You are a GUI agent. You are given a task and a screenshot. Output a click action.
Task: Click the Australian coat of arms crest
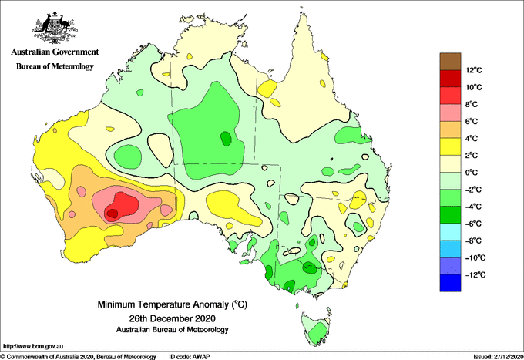[55, 28]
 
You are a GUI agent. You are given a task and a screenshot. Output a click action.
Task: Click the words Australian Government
[55, 52]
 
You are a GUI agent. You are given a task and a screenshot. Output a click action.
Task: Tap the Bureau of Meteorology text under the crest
[55, 66]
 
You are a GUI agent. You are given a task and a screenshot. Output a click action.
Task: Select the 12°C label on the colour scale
[474, 70]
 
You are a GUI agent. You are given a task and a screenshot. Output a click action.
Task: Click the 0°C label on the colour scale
[472, 173]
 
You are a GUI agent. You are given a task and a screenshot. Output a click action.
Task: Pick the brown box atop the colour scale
[450, 62]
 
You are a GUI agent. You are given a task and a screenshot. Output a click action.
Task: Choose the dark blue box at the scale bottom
[450, 283]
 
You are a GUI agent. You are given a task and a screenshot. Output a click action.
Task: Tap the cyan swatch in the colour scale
[450, 232]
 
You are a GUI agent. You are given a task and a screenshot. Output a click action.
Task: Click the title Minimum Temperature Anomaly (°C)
[172, 304]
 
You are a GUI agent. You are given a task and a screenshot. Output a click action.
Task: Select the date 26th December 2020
[172, 318]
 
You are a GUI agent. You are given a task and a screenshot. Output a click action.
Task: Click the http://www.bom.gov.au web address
[33, 347]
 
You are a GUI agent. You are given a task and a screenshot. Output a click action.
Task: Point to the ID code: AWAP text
[190, 357]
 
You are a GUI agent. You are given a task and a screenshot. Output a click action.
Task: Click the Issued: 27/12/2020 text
[498, 357]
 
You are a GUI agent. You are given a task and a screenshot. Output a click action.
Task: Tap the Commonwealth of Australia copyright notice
[79, 357]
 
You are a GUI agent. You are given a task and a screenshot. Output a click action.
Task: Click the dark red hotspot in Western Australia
[112, 213]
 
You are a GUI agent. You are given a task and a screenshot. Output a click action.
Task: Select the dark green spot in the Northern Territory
[226, 139]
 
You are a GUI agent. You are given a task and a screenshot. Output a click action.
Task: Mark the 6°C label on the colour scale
[472, 121]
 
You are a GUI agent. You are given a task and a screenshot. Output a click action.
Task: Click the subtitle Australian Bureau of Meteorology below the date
[172, 330]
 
